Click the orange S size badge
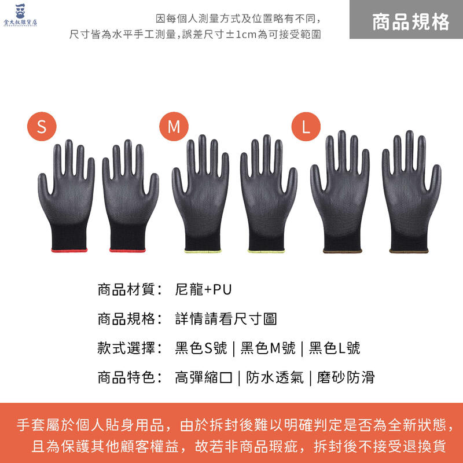point(42,126)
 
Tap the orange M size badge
point(174,126)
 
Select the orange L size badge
point(306,126)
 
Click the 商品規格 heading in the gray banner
point(410,22)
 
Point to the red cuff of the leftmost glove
point(69,251)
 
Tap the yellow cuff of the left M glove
point(203,251)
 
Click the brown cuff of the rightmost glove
point(409,251)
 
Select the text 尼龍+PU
point(203,289)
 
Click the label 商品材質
point(126,289)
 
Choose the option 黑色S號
point(201,348)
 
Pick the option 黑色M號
point(268,348)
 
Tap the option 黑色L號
point(335,348)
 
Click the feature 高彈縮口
point(204,377)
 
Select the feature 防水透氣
point(275,377)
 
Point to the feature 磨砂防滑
point(346,377)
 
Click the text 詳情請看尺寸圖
point(226,319)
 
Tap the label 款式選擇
point(126,348)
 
